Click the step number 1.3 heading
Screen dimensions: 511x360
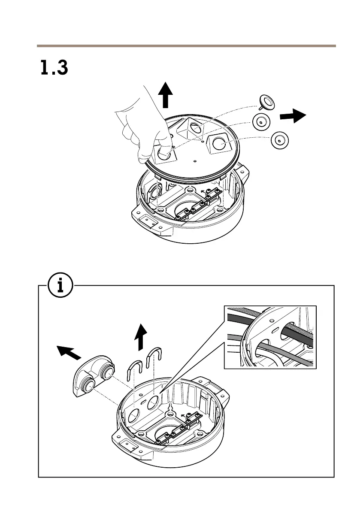click(x=54, y=68)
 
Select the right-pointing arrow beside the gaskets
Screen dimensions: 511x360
click(x=293, y=116)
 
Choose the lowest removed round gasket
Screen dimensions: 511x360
click(x=279, y=139)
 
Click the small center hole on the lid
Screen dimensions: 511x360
click(x=195, y=161)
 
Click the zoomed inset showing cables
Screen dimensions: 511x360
click(x=270, y=336)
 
